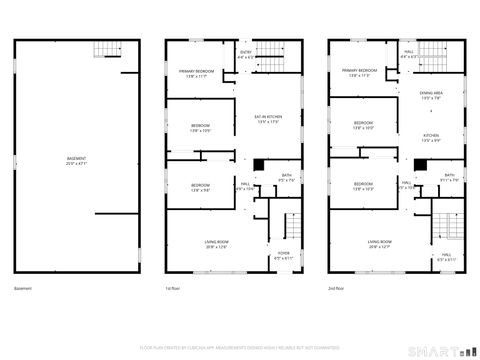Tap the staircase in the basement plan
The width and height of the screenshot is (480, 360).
[x=104, y=53]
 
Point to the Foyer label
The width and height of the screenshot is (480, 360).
[x=283, y=256]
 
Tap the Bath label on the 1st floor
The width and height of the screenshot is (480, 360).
[x=286, y=178]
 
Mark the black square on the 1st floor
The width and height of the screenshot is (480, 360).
[x=258, y=165]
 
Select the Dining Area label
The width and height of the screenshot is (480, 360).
[x=431, y=95]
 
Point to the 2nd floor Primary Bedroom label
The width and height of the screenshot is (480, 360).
[x=360, y=72]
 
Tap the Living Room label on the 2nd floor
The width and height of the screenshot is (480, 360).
[x=379, y=244]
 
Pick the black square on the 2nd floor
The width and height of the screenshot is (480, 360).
[x=420, y=165]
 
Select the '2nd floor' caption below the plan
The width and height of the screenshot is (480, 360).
[x=336, y=288]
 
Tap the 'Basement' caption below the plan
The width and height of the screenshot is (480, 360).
[x=23, y=288]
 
